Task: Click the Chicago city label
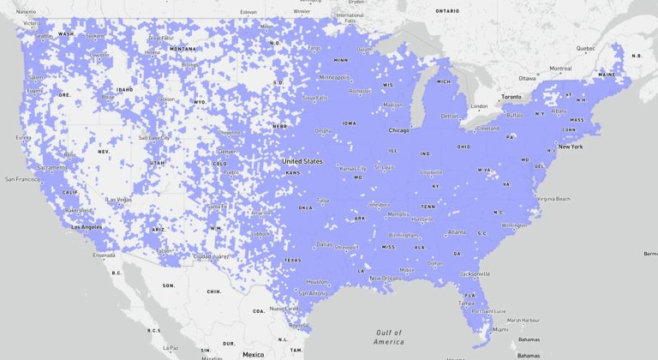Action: coord(398,130)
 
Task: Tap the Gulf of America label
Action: coord(388,337)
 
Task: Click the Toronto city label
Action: coord(511,97)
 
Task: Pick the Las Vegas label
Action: coord(118,200)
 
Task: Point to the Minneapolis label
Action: coord(333,77)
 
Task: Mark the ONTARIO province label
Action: coord(446,11)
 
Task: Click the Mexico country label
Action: coord(253,354)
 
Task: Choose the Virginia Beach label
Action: coord(553,198)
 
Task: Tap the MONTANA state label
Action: coord(182,49)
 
